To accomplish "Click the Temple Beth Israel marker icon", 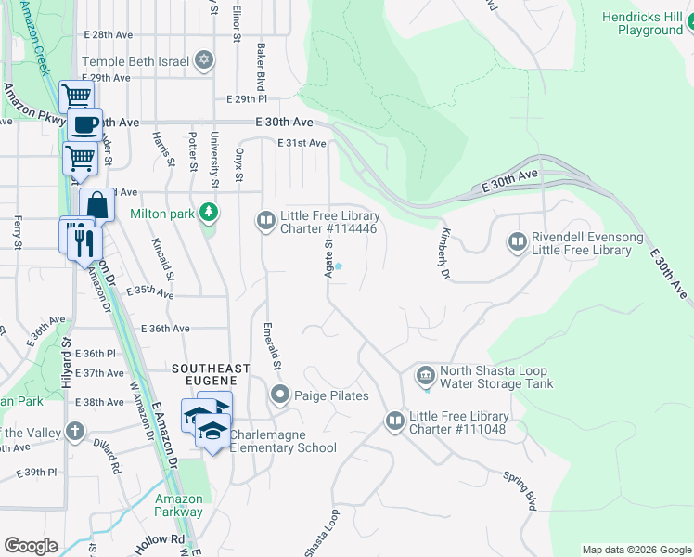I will pos(203,62).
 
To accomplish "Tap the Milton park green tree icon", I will pos(210,213).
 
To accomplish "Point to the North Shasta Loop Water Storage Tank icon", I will pos(425,375).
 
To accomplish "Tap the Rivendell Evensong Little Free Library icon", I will pos(518,243).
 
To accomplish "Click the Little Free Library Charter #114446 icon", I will pos(266,220).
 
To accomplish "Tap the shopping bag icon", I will pos(96,204).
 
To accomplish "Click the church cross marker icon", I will pos(74,433).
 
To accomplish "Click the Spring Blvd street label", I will pos(520,491).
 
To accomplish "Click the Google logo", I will pos(32,545).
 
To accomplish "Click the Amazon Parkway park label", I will pos(179,505).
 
